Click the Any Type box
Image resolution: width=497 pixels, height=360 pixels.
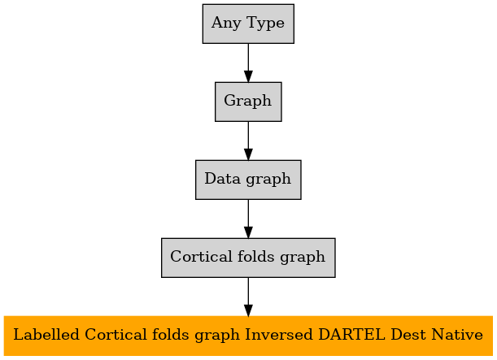pos(248,24)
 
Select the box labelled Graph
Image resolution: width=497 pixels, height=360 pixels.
pos(248,102)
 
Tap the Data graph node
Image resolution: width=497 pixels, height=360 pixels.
pos(248,180)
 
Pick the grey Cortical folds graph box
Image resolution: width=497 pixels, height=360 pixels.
pos(248,258)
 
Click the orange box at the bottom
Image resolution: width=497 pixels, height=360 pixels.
pos(248,336)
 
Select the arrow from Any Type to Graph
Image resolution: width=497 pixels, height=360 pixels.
pos(248,63)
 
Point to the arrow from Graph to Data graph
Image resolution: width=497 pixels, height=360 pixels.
pos(248,141)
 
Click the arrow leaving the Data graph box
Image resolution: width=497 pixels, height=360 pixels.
pos(248,219)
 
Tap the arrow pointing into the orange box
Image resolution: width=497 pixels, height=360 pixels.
pos(248,297)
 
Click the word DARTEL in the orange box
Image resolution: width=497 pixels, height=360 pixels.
pos(351,334)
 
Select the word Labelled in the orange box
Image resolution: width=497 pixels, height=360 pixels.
pos(46,334)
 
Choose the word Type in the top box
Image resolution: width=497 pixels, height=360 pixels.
pos(265,24)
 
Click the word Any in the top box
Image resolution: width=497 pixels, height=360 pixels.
pos(226,24)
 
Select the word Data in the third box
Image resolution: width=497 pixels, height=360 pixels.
pos(223,178)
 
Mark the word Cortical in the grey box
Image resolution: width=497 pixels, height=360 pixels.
pos(201,256)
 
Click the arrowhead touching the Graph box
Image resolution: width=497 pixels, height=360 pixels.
pos(248,76)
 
